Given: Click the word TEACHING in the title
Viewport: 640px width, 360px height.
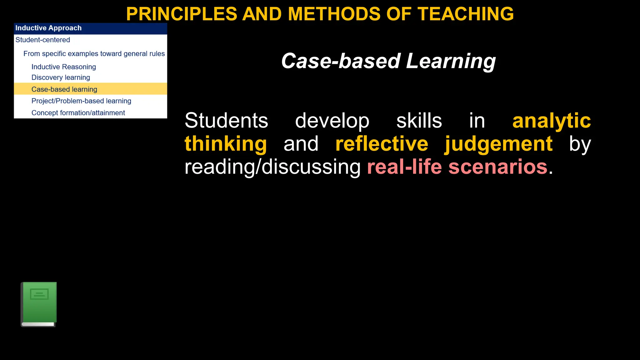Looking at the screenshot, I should click(466, 14).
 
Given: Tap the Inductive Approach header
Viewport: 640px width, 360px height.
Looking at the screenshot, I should click(48, 28).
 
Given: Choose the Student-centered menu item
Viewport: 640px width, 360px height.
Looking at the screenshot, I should click(43, 40).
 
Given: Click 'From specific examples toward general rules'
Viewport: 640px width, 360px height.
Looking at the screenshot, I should click(94, 54).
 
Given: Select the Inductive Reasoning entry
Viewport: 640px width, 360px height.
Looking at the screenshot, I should click(64, 67).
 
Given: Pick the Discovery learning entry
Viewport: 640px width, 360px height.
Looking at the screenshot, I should click(61, 77).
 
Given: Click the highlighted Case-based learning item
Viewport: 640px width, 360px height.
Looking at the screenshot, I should click(64, 89).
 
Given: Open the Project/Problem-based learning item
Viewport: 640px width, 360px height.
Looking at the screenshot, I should click(81, 101).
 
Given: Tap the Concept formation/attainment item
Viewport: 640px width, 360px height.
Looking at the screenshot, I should click(78, 113).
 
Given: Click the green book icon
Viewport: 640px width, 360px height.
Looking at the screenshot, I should click(39, 304).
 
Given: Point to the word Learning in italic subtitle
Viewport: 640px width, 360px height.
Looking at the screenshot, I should click(451, 61).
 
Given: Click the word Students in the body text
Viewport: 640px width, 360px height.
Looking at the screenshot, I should click(226, 121).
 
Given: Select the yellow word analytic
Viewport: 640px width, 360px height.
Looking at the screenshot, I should click(552, 121).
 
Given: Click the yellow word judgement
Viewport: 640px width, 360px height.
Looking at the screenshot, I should click(498, 144).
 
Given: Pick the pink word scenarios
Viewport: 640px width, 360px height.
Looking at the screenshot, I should click(498, 167).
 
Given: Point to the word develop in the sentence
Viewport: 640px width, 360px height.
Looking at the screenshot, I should click(332, 121).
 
